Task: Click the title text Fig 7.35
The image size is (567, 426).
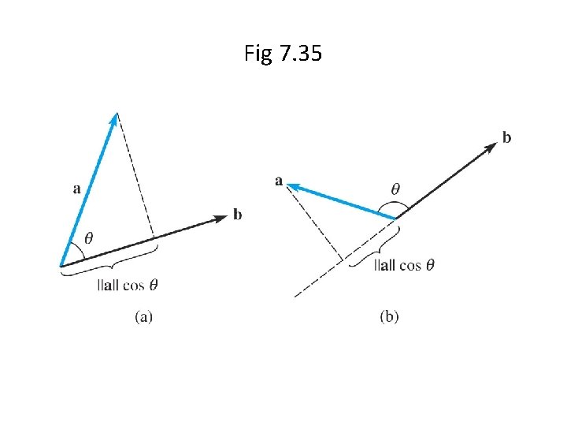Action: (283, 54)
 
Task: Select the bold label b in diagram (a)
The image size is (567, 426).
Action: (237, 214)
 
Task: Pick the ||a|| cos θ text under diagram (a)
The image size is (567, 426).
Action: (132, 284)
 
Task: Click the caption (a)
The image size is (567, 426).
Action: (143, 317)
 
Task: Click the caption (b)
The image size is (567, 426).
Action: (389, 317)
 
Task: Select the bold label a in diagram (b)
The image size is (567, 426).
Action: (280, 181)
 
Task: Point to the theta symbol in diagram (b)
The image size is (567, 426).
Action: (395, 189)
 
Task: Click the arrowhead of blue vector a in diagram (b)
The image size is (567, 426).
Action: (291, 185)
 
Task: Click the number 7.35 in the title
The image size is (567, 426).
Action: (301, 54)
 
